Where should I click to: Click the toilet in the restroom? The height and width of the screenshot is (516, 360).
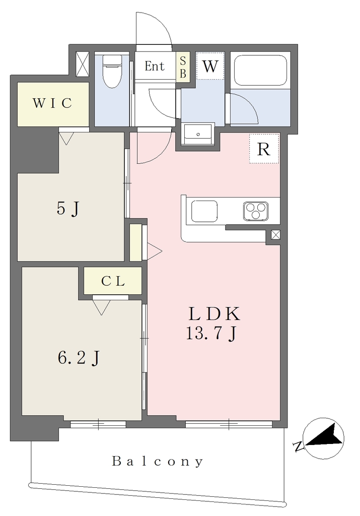[x=112, y=71]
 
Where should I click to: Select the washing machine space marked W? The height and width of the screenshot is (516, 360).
[x=210, y=66]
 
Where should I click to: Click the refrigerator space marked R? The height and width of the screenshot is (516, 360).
[x=264, y=149]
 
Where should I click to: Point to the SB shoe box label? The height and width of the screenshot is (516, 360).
[x=183, y=67]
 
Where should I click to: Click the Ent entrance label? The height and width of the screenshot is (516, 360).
[x=155, y=66]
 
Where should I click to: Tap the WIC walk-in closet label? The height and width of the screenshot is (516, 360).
[x=52, y=103]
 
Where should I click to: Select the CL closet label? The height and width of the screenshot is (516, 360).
[x=113, y=281]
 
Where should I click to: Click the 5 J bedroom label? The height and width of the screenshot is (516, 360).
[x=68, y=209]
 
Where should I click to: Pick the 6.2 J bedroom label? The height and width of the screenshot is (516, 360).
[x=79, y=358]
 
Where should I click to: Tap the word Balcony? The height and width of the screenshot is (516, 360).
[x=158, y=462]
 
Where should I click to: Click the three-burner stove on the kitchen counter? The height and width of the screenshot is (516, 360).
[x=255, y=211]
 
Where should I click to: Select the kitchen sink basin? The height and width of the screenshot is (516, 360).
[x=204, y=211]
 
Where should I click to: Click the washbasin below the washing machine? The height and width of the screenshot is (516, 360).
[x=198, y=134]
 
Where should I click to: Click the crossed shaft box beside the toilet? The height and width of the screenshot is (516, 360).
[x=82, y=64]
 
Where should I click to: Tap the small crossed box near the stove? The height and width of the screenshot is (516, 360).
[x=275, y=235]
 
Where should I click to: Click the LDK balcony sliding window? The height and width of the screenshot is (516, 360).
[x=229, y=425]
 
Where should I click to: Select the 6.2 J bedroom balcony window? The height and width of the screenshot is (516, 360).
[x=98, y=425]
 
